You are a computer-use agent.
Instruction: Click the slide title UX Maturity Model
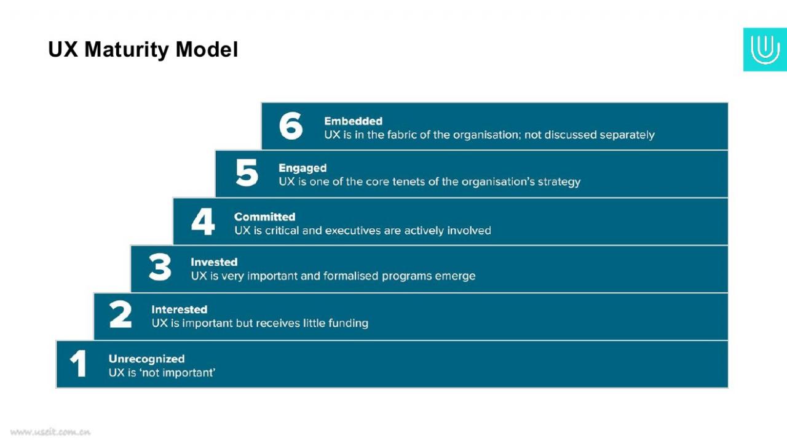point(143,50)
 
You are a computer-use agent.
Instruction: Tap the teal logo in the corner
point(765,50)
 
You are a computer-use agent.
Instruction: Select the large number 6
point(291,126)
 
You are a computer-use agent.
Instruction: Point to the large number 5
point(247,172)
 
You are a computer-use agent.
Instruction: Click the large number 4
point(203,221)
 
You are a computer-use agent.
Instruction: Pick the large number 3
point(160,267)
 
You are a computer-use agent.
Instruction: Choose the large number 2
point(120,314)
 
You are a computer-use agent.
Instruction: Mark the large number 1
point(79,364)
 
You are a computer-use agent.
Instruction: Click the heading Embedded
point(353,121)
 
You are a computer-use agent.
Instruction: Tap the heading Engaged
point(303,169)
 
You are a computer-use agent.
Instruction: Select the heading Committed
point(264,217)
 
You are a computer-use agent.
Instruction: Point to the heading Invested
point(214,262)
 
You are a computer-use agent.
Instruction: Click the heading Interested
point(179,309)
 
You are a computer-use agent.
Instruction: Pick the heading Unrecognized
point(146,359)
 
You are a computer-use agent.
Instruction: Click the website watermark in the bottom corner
point(50,432)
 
